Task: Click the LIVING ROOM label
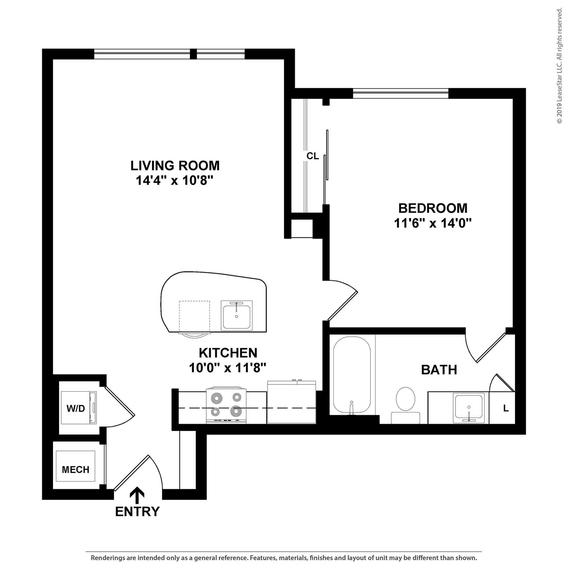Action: [175, 166]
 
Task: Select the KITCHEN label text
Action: [228, 353]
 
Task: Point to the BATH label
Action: [439, 370]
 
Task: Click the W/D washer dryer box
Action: [78, 408]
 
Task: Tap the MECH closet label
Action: [75, 470]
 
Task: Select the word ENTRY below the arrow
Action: [137, 512]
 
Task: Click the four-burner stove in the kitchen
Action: [226, 405]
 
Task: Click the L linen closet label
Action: [506, 408]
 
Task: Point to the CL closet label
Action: [313, 156]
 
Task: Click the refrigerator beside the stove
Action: [291, 402]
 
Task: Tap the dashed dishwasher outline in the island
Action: [194, 316]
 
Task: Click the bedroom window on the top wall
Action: [400, 93]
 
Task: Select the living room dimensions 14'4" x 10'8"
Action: [174, 181]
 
